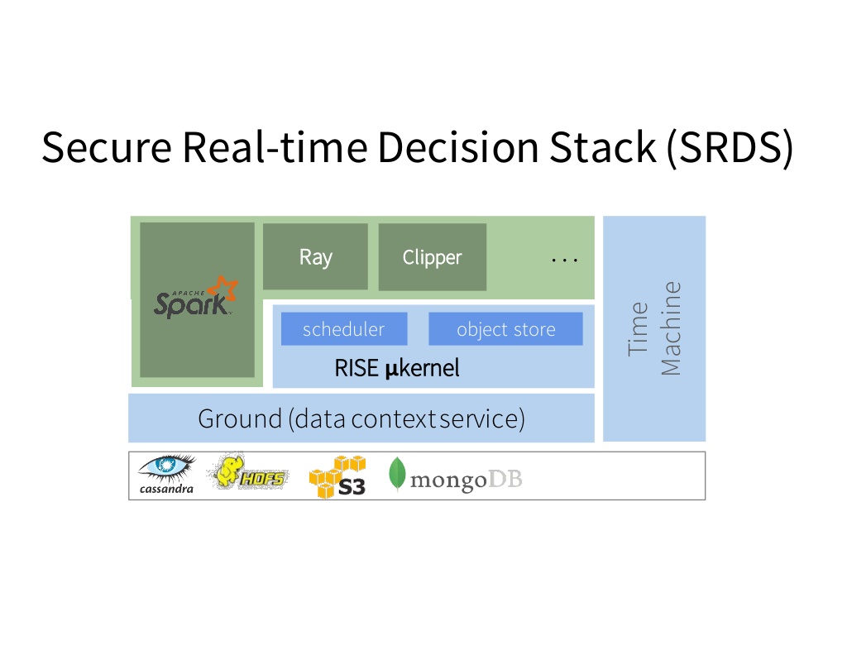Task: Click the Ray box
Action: click(x=315, y=257)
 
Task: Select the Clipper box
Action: click(x=432, y=257)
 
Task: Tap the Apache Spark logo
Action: click(x=195, y=297)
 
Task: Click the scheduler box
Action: click(x=344, y=329)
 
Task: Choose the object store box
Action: click(x=505, y=329)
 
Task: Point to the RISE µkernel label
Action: click(x=397, y=368)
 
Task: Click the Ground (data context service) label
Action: click(x=361, y=419)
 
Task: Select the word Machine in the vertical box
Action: click(x=671, y=328)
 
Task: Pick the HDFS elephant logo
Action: click(x=249, y=472)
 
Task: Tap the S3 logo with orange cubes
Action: click(x=337, y=477)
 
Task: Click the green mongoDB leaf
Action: click(x=397, y=474)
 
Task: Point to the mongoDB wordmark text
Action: click(x=467, y=480)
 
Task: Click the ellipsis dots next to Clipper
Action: click(x=564, y=261)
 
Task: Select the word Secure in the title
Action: click(x=107, y=147)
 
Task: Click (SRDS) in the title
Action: click(x=730, y=147)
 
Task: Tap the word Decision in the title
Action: click(x=458, y=147)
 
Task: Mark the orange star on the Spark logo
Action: click(x=223, y=289)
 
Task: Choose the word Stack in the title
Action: click(x=602, y=147)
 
